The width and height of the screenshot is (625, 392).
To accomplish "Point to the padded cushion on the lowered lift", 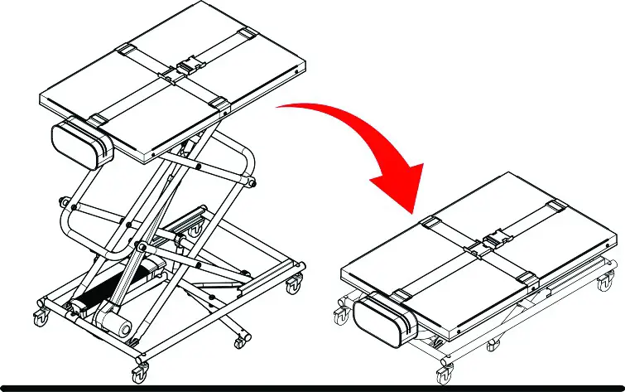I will click(x=382, y=318).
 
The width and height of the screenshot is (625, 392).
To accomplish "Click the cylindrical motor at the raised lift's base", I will click(x=114, y=322).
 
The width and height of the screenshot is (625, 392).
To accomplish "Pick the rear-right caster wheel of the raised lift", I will click(x=293, y=287).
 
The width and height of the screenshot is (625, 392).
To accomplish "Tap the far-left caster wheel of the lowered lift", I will click(x=337, y=315).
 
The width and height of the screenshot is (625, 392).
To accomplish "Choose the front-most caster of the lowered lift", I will click(x=447, y=365).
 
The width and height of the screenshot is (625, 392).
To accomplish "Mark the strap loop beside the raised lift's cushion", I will click(x=98, y=121).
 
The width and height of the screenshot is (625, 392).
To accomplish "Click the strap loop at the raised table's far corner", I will click(x=246, y=33).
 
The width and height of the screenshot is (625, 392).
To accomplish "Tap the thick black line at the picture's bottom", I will click(x=312, y=387).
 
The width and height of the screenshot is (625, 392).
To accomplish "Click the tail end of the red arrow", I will click(x=281, y=108).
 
